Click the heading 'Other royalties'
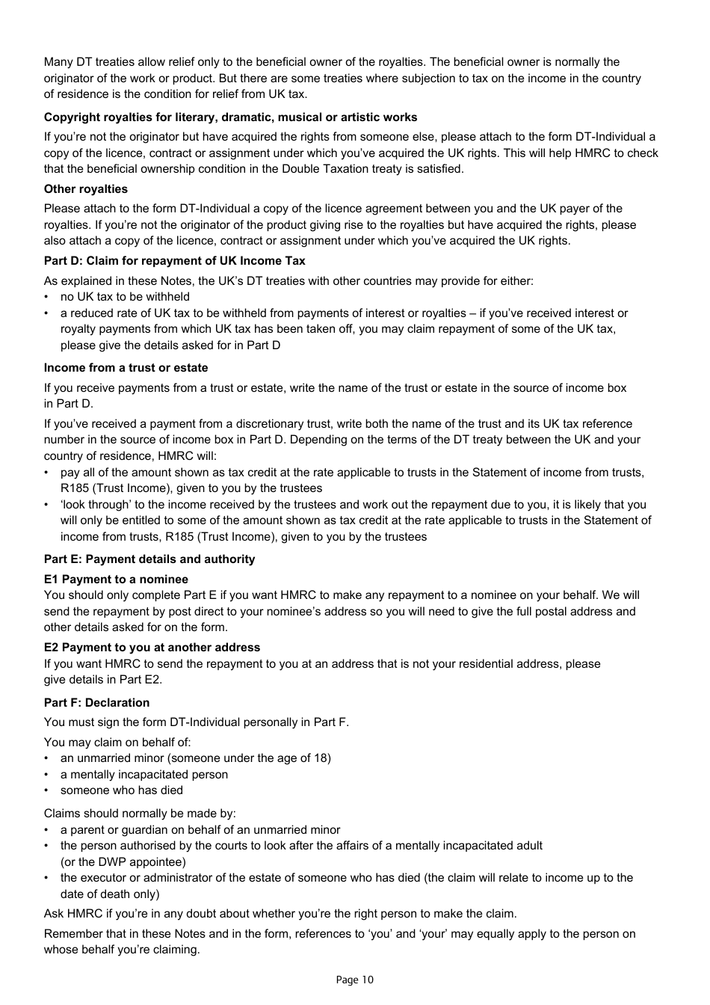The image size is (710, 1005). [x=85, y=189]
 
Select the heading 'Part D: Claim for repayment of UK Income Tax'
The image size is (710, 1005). [x=174, y=261]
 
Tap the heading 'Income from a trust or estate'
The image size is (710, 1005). [x=126, y=368]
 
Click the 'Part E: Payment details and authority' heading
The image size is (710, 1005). [x=149, y=559]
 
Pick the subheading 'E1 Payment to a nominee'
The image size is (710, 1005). [x=116, y=580]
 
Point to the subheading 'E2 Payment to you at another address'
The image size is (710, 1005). [x=152, y=648]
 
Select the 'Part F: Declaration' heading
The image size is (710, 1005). [x=96, y=703]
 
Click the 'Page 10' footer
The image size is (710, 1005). [x=354, y=980]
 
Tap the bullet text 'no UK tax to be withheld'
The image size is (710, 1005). [x=125, y=297]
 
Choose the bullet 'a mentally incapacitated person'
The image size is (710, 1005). [x=144, y=775]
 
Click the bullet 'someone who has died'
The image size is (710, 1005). [x=122, y=790]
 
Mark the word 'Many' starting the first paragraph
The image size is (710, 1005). [x=58, y=62]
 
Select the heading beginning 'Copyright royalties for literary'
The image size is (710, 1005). [x=230, y=117]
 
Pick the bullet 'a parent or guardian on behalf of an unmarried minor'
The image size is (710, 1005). [x=200, y=830]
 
